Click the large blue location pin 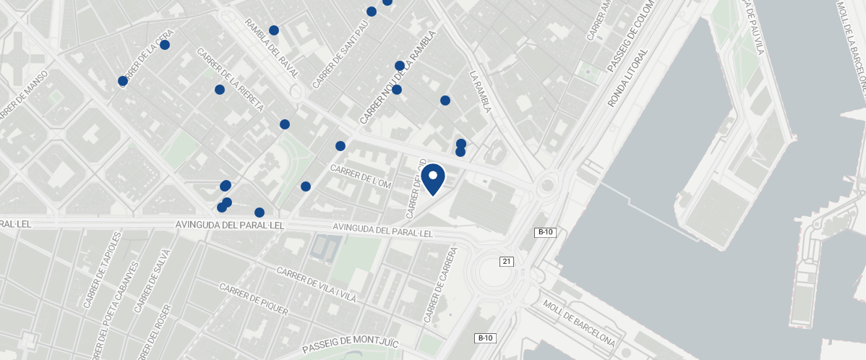(x=433, y=179)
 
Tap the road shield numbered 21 (x=507, y=261)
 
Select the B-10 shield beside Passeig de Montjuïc (x=484, y=338)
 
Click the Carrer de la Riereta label (x=231, y=80)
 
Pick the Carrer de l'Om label (x=360, y=176)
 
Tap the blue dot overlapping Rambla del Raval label (x=274, y=30)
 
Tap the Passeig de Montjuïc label (x=350, y=340)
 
